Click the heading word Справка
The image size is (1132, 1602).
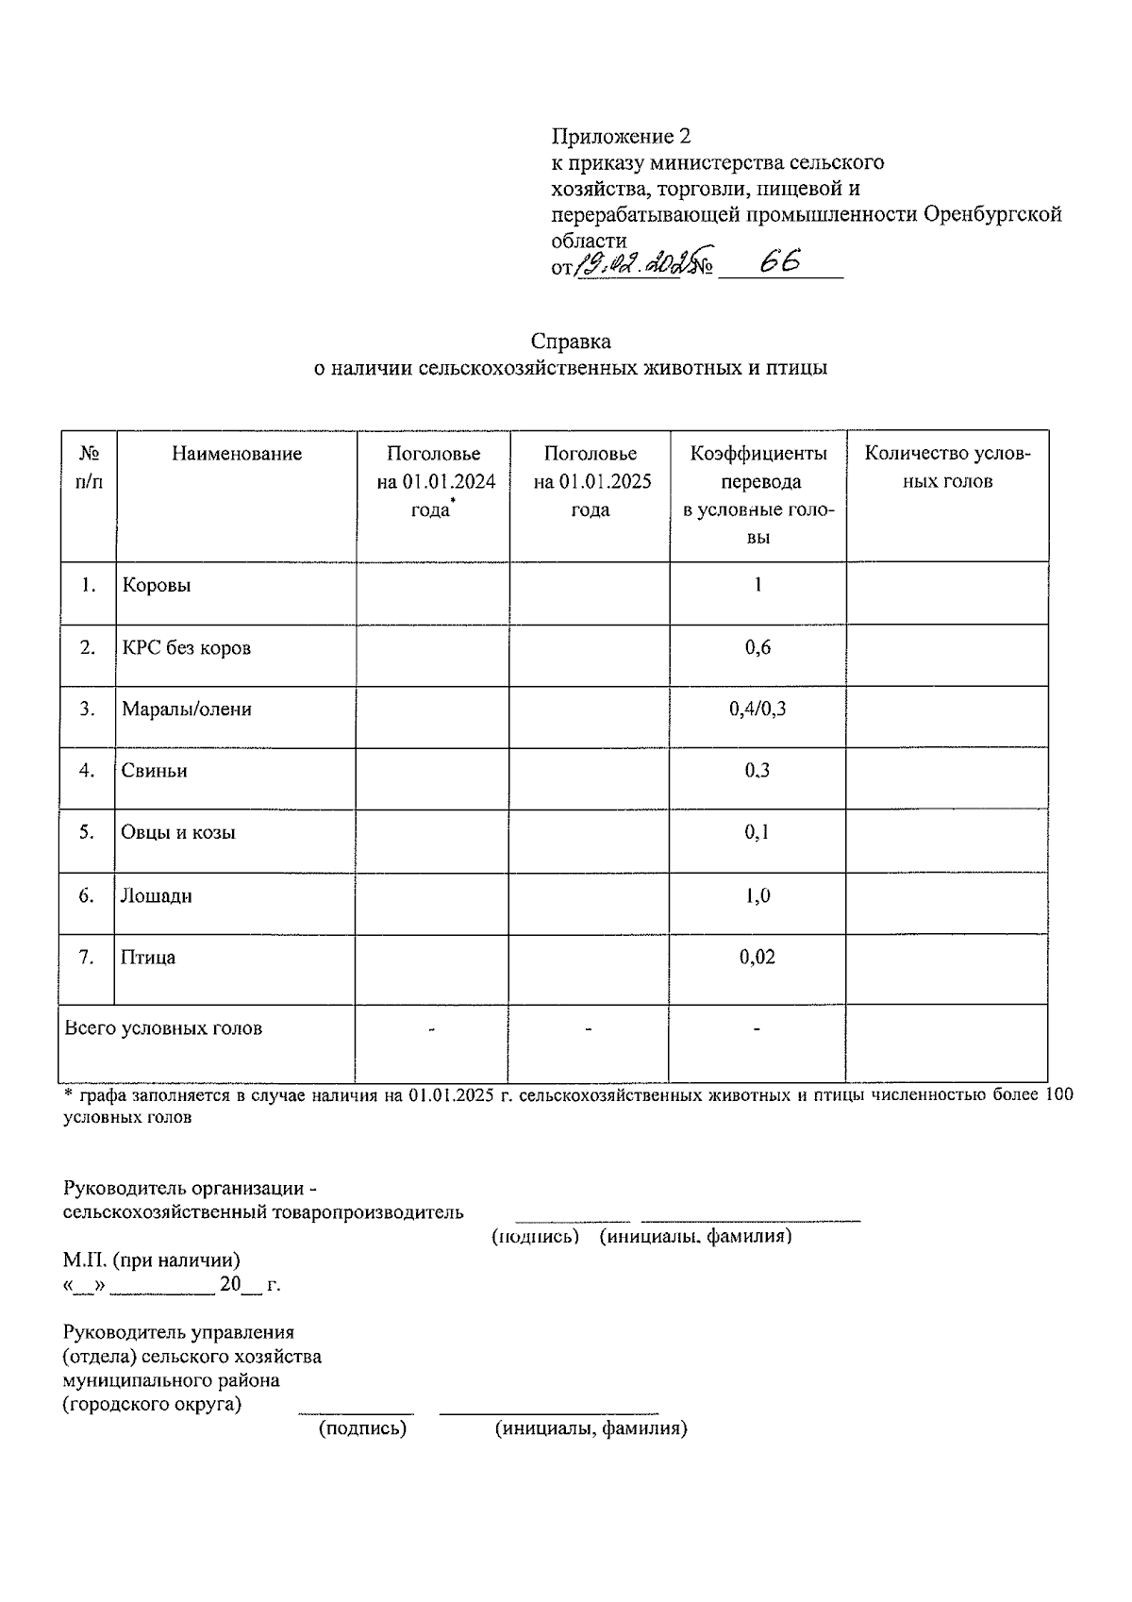click(x=570, y=341)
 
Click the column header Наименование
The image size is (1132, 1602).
click(x=237, y=454)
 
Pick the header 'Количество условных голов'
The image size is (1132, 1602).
click(x=947, y=467)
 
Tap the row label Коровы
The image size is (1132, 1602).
click(x=157, y=585)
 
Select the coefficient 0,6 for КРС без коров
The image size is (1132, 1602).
click(x=757, y=647)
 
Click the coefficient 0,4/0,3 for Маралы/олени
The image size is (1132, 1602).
click(x=757, y=709)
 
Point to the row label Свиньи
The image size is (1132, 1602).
click(x=154, y=771)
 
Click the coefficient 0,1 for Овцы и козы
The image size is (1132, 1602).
click(x=757, y=832)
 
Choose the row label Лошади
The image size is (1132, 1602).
click(x=156, y=895)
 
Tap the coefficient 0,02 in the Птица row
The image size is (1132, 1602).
click(x=757, y=957)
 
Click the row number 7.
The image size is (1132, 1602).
click(x=87, y=957)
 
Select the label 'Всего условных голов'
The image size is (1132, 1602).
click(x=163, y=1028)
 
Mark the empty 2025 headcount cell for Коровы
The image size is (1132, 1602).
click(x=590, y=592)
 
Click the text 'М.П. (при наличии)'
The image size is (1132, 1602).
click(x=151, y=1260)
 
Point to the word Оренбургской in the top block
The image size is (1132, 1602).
click(x=991, y=214)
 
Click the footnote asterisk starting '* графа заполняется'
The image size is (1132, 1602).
click(x=68, y=1095)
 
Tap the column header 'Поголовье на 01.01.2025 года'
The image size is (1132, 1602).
click(x=591, y=481)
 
